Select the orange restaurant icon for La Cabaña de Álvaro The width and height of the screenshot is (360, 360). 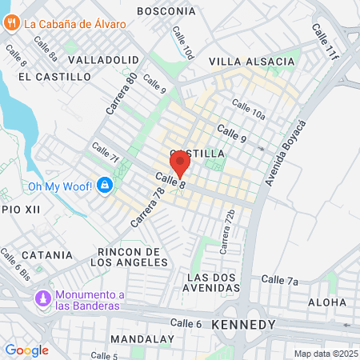point(11,23)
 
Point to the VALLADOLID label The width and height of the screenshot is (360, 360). point(104,60)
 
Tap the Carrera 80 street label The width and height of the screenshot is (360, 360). point(121,93)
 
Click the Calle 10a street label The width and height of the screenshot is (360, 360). point(247,110)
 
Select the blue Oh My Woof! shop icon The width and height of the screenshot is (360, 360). point(104,186)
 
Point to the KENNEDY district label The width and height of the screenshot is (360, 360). point(244,325)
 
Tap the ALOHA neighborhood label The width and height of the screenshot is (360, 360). point(327,302)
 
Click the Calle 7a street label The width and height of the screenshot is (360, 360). point(279,280)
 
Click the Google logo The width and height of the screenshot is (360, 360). point(26,350)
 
